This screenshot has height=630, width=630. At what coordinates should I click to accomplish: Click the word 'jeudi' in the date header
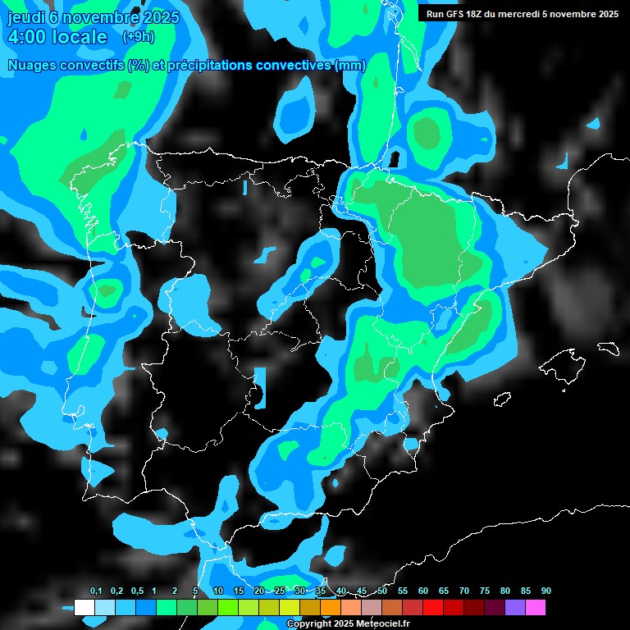point(25,17)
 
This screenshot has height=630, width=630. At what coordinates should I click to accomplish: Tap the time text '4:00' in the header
point(33,37)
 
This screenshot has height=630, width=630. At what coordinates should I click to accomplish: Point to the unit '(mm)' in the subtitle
point(350,65)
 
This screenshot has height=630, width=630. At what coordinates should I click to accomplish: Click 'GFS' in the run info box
point(456,14)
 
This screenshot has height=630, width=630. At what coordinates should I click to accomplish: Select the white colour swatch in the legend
point(84,607)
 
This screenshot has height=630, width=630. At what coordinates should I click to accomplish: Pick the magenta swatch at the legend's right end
point(535,607)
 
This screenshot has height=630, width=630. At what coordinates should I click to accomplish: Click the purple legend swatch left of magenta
point(514,607)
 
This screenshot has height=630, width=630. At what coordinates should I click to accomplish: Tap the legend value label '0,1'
point(95,591)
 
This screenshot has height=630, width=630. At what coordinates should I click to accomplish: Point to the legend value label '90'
point(546,591)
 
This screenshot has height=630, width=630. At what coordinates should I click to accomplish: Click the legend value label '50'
point(382,591)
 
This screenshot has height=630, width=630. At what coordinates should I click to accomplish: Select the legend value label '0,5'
point(136,591)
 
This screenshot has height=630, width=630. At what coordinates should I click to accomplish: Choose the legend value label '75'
point(485,591)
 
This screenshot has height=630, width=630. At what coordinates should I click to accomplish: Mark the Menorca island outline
point(608,347)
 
